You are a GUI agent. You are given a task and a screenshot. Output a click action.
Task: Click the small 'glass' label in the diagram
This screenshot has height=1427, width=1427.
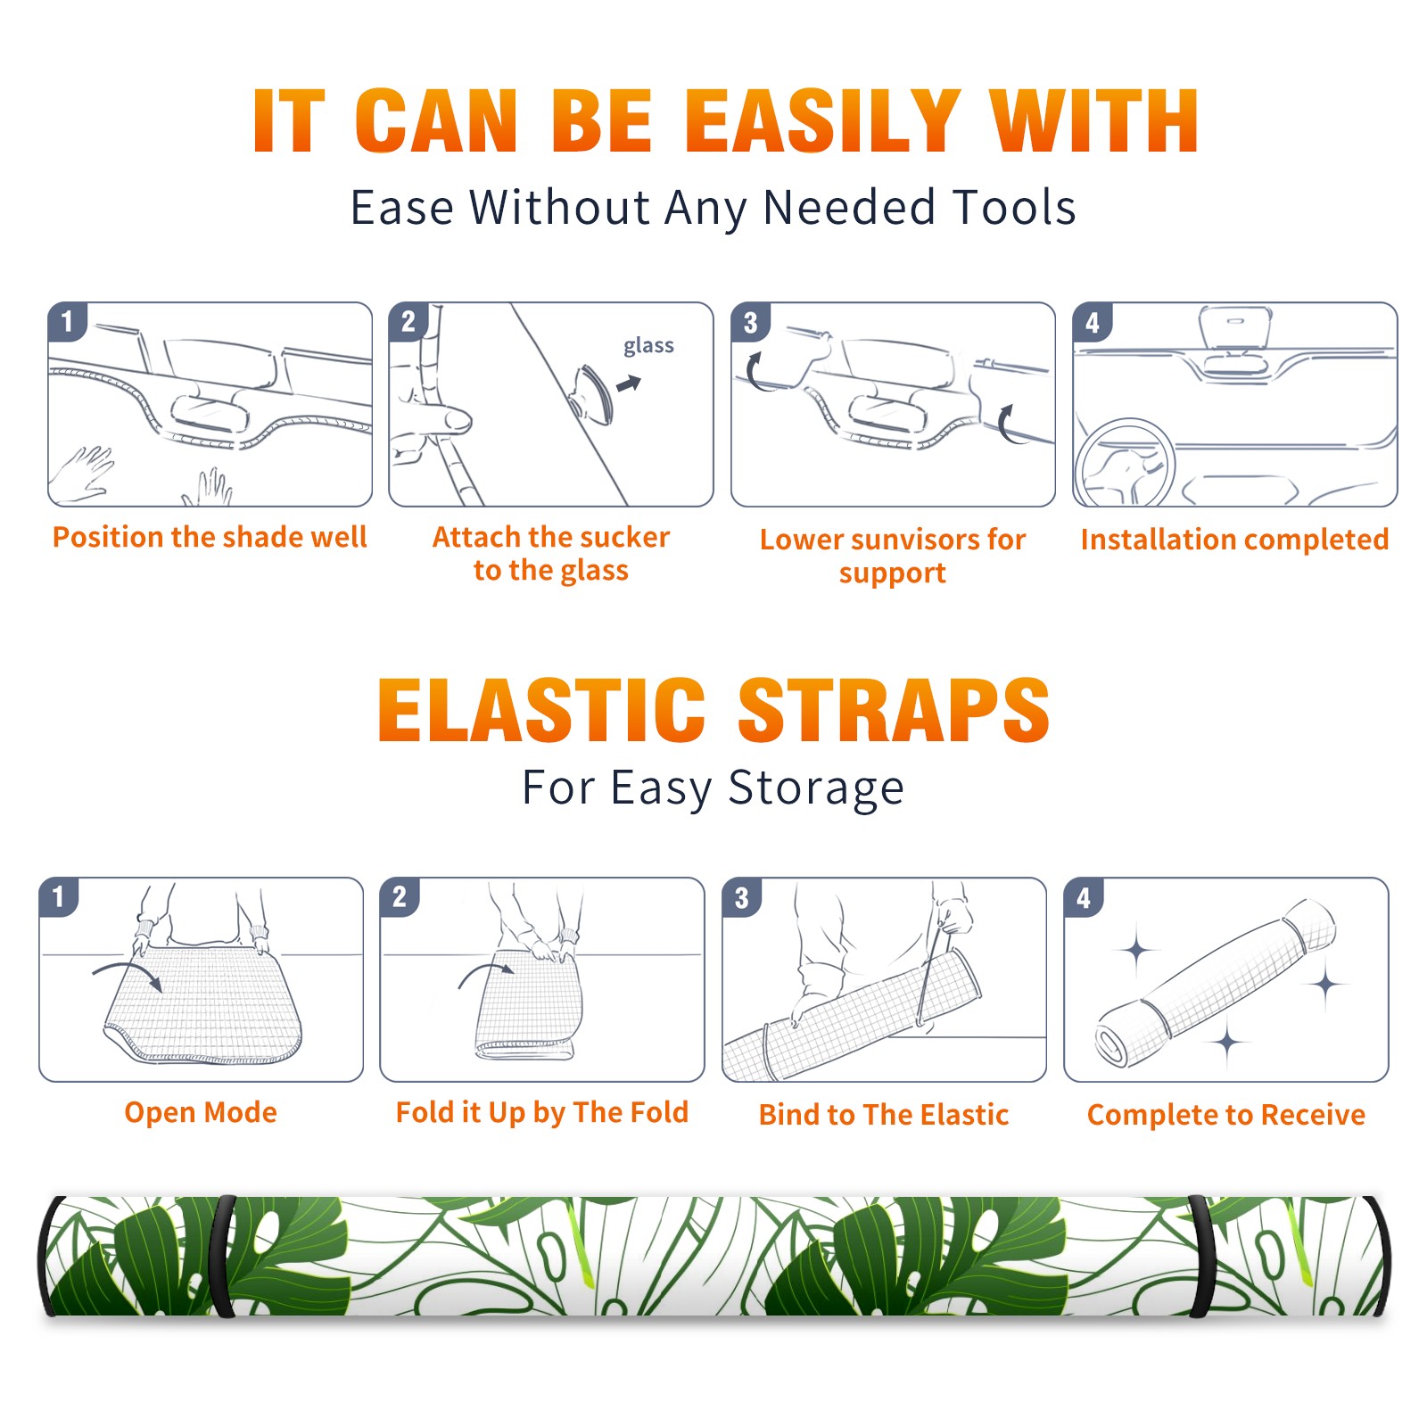[648, 346]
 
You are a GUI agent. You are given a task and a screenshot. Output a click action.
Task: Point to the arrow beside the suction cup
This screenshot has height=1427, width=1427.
[630, 384]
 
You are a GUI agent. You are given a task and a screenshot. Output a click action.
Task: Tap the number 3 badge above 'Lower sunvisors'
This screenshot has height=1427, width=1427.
[750, 322]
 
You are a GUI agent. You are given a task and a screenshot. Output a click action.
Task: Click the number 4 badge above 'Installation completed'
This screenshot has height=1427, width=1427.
[1093, 322]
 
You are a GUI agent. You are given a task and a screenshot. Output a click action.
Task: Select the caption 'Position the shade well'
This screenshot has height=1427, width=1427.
[210, 537]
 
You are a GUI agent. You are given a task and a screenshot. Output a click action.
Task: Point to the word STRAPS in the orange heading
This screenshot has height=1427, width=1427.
[894, 710]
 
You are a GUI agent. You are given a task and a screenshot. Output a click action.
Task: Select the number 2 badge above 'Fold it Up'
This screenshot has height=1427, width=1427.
[399, 896]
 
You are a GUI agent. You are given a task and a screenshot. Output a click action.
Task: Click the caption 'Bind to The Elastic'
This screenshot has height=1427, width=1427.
[884, 1115]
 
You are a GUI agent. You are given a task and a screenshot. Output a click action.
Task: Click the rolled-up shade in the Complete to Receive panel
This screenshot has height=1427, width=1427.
[1216, 982]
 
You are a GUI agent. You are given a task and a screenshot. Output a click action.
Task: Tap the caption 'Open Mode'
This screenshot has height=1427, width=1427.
[201, 1113]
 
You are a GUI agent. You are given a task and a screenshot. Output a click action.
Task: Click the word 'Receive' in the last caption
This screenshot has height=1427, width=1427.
[1313, 1115]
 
